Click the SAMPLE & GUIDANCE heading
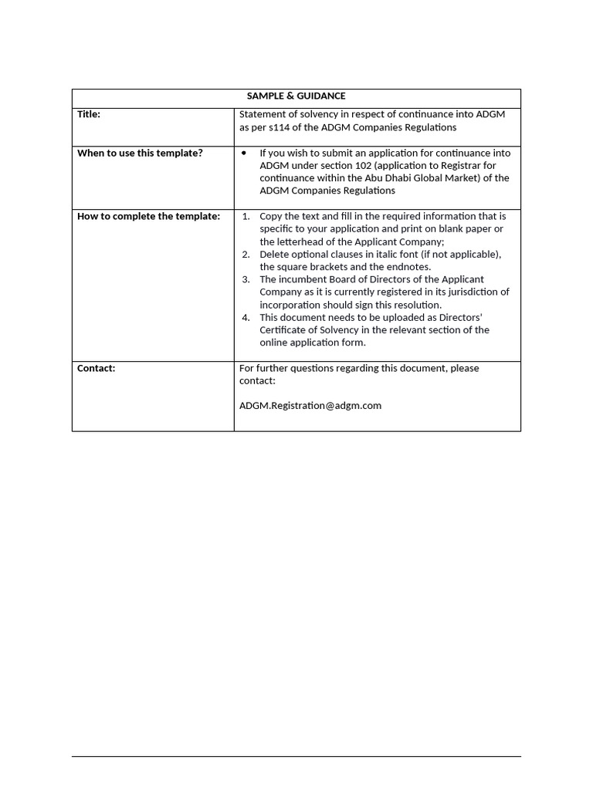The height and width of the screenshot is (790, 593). [296, 96]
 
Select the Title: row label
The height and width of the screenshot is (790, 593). [89, 114]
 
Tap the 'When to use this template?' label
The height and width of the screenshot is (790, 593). [140, 153]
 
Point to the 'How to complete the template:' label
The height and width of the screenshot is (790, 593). [148, 216]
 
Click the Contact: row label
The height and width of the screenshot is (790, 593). [97, 368]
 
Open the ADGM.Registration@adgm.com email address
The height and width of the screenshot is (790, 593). [310, 405]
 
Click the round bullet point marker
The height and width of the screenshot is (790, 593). [244, 153]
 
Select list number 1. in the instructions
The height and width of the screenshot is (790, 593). [246, 216]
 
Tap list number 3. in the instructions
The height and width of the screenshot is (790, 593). [246, 279]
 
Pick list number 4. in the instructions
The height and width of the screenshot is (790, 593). [246, 317]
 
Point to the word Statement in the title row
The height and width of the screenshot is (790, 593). [263, 114]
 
